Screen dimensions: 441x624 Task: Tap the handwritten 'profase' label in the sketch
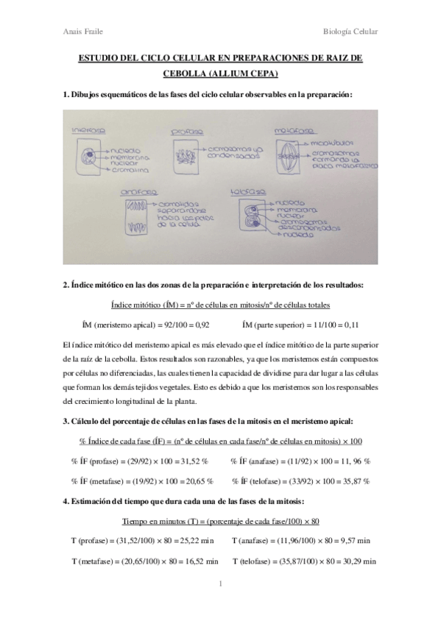coord(186,132)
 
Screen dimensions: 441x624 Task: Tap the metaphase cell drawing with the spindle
coord(292,157)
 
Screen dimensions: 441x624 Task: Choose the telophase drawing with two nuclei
coord(246,220)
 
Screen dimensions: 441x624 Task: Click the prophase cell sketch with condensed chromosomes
coord(185,157)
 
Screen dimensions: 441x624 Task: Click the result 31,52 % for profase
coord(193,461)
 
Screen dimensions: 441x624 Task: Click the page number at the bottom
coord(221,585)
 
